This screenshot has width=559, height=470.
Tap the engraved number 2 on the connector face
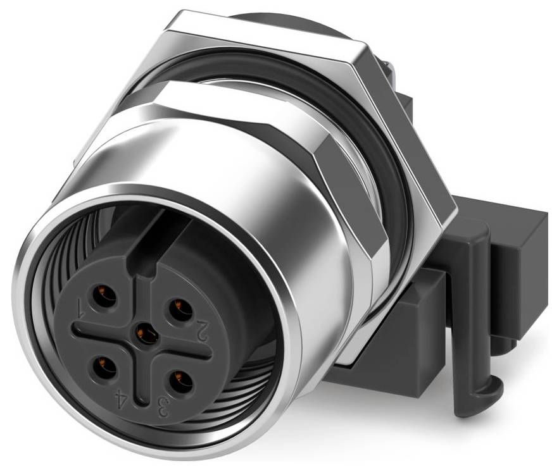[202, 330]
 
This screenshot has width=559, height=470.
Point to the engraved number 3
[163, 405]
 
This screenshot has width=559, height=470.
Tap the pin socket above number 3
[180, 384]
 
